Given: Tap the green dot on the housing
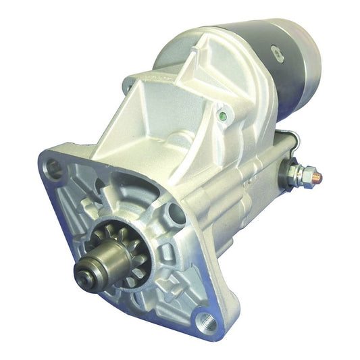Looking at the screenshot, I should pos(222,115).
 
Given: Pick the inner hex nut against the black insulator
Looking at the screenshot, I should pos(292,174).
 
